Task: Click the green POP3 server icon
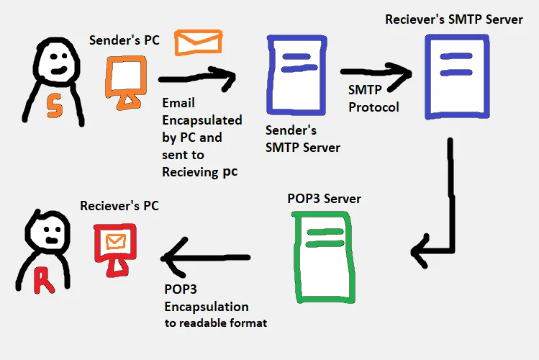(321, 256)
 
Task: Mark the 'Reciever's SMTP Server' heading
(455, 19)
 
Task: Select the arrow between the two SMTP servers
(375, 71)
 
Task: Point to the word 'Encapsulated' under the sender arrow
(201, 120)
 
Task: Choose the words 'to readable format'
(216, 323)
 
